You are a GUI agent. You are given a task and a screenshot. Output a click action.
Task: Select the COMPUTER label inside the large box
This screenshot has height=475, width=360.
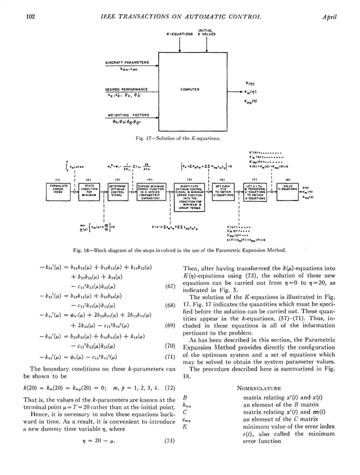coord(190,89)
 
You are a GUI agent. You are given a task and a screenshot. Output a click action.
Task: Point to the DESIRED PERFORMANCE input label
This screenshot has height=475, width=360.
coord(126,89)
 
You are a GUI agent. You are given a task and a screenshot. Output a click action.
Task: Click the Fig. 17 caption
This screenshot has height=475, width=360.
coord(179,137)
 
